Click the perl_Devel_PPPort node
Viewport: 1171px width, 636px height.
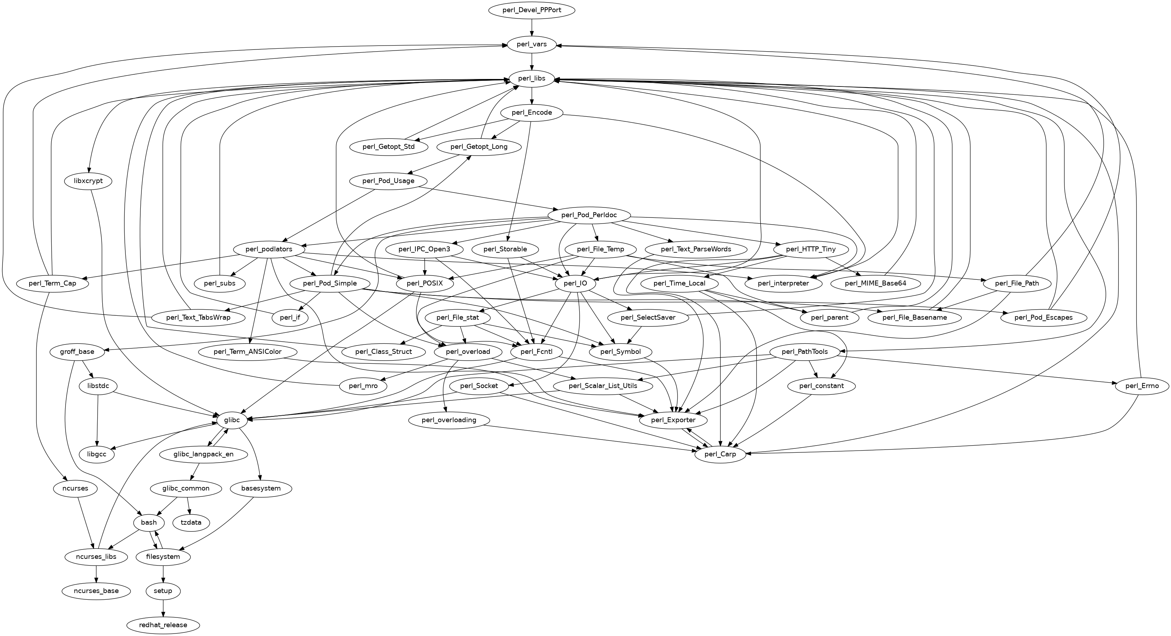pos(532,10)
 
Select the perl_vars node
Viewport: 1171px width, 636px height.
pos(532,44)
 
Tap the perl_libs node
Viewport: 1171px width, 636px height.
pos(532,79)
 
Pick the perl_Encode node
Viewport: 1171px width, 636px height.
pos(532,113)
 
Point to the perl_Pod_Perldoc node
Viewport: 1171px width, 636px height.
pos(589,215)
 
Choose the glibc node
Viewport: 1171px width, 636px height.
pos(232,420)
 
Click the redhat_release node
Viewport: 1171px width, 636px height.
pos(163,625)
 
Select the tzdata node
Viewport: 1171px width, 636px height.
pos(191,522)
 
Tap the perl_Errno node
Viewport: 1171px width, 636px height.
pos(1141,386)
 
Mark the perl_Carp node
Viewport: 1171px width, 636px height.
pos(720,454)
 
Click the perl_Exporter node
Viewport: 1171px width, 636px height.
pos(673,420)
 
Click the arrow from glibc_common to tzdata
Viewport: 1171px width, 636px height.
pos(189,505)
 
